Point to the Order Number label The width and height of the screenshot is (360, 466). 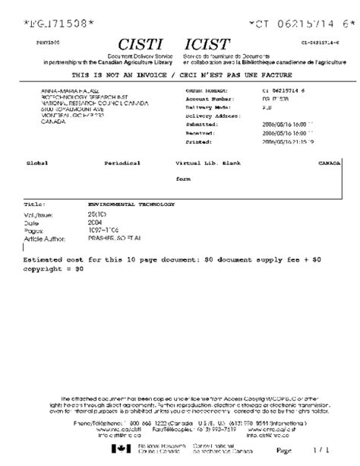point(208,90)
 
